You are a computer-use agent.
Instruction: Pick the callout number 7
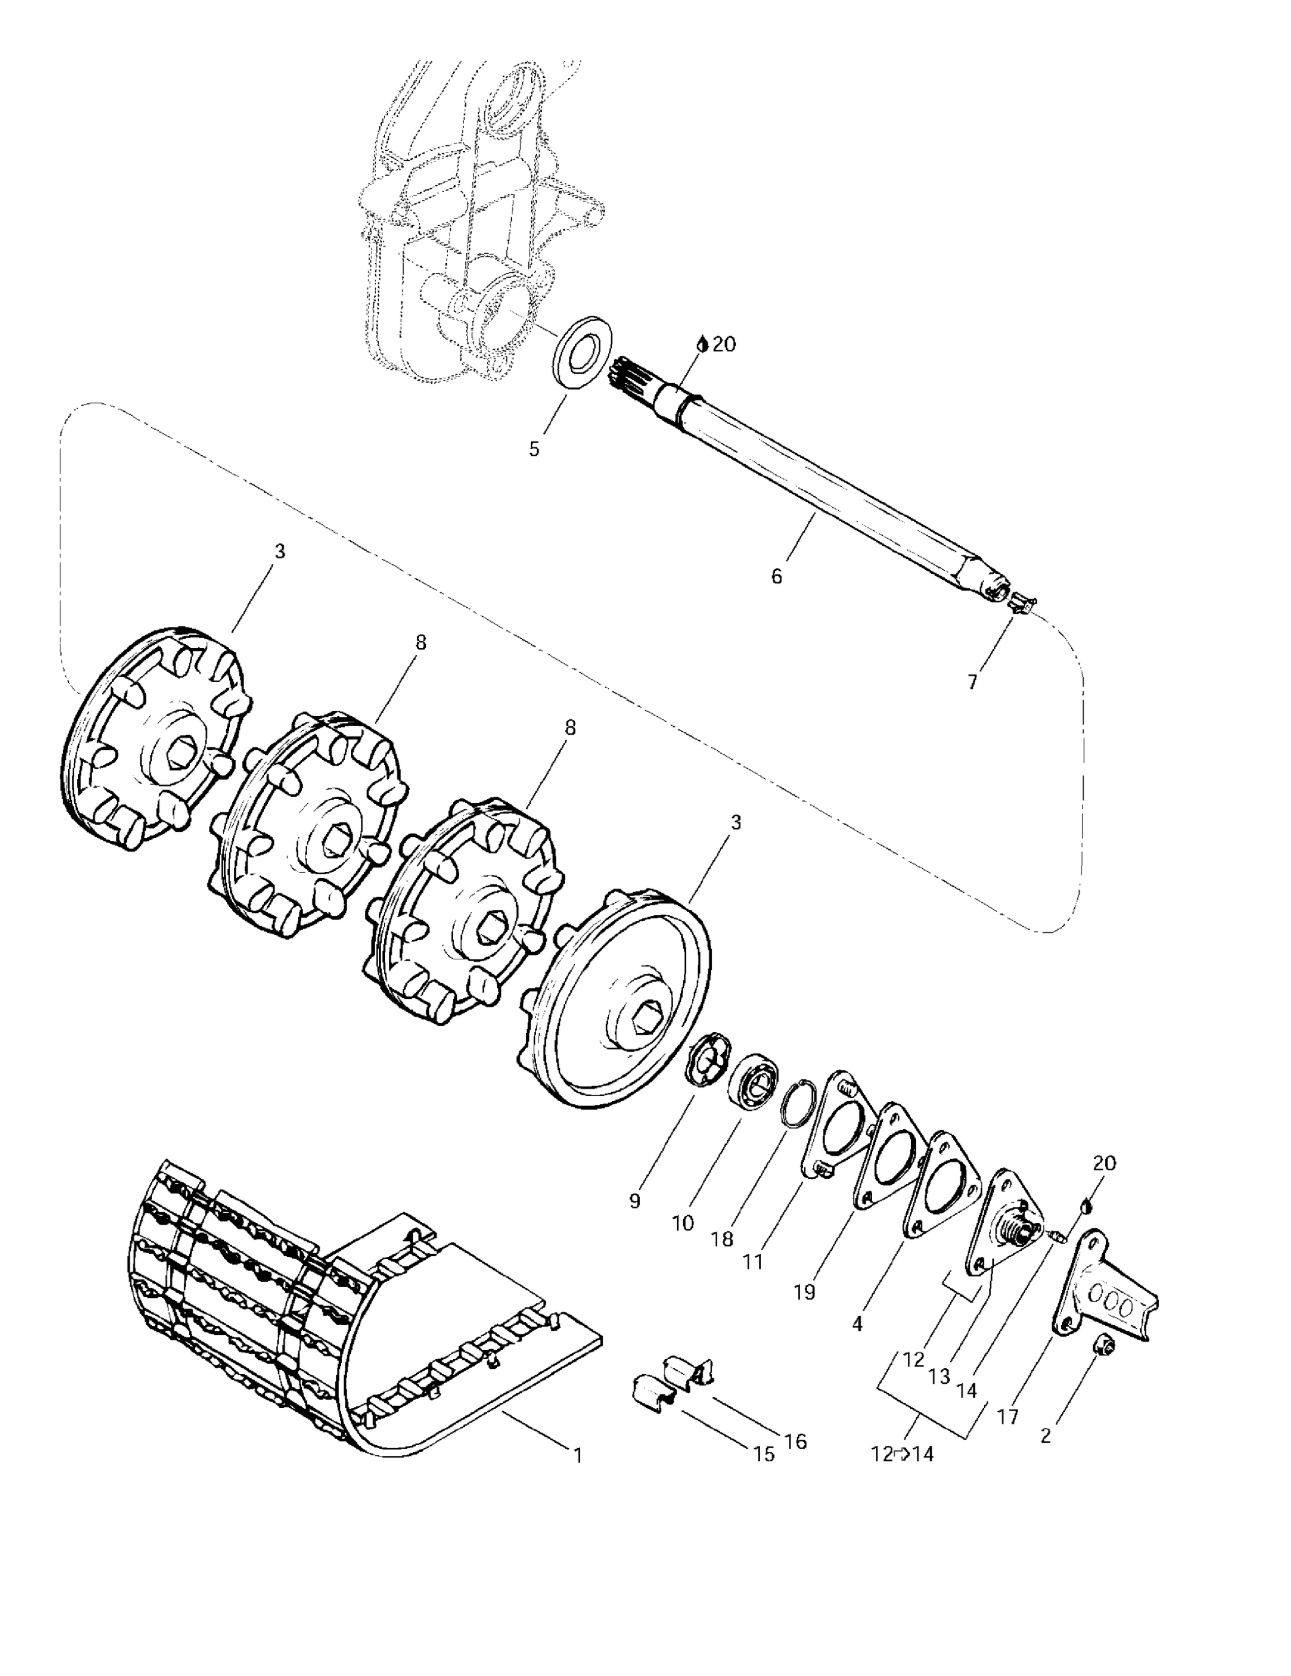coord(971,682)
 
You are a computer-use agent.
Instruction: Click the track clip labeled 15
coord(650,1394)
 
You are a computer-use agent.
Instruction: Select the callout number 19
coord(804,1292)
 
